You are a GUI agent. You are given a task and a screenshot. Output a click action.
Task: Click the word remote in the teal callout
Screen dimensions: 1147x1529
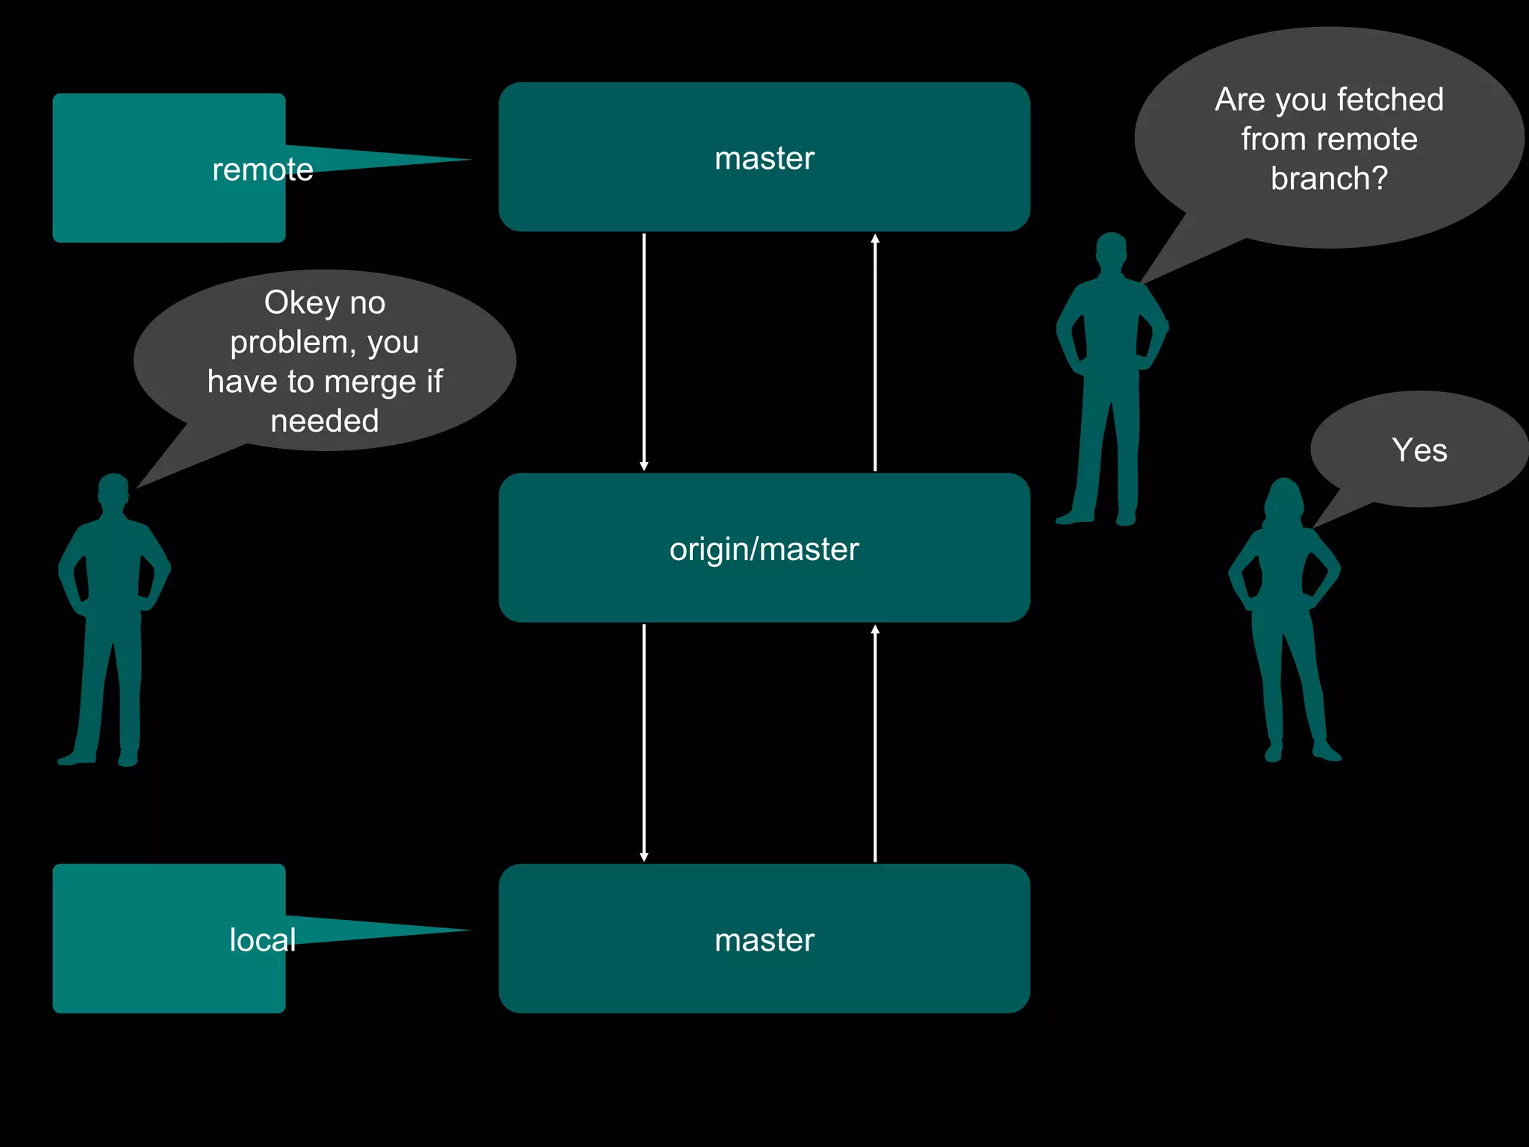pos(262,170)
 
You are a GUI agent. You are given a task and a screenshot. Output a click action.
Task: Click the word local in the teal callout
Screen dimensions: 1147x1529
pos(262,939)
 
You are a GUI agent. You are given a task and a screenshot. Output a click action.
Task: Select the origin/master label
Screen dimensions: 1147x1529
pos(764,549)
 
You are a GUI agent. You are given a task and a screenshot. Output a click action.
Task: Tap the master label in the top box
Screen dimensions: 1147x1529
pos(764,158)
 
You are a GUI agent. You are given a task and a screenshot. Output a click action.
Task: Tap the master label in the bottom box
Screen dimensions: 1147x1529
pos(764,939)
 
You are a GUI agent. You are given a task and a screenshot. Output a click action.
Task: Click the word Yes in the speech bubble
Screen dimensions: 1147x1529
pos(1419,450)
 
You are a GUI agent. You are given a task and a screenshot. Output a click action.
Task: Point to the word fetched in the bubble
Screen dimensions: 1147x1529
pos(1389,99)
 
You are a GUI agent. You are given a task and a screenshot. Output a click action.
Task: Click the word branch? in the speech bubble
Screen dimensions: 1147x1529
pos(1329,178)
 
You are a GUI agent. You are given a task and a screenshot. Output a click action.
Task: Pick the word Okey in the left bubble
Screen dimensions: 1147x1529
pos(302,303)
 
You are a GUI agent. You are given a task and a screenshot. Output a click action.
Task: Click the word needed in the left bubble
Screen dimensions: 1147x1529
pos(324,421)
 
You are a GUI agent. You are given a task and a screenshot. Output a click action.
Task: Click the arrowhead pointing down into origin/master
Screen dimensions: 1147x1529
pos(644,466)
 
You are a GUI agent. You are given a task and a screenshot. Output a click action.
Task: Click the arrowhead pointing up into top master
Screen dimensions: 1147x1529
pos(875,239)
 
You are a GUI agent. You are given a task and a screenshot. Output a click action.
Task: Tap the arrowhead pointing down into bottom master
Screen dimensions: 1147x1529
pos(644,857)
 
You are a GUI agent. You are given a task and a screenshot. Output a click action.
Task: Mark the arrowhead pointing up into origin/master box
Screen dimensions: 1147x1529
pos(875,630)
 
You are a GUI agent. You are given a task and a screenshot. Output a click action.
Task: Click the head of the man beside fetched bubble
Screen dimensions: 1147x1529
pos(1112,249)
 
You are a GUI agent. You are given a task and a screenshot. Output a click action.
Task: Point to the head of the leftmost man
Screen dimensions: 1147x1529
pos(113,490)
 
